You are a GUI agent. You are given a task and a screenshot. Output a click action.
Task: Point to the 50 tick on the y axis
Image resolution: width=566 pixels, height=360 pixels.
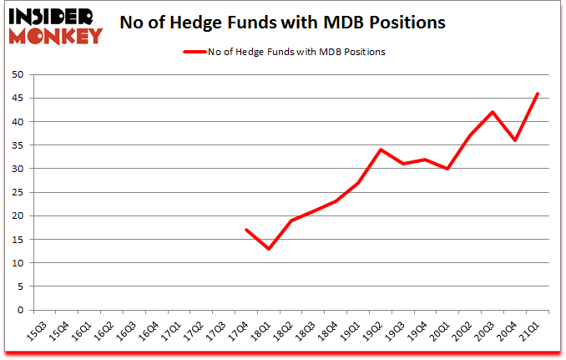click(x=17, y=75)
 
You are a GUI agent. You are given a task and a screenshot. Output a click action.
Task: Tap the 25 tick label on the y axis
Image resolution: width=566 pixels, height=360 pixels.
click(x=17, y=193)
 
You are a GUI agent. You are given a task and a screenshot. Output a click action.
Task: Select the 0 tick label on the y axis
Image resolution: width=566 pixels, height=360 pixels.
click(x=19, y=311)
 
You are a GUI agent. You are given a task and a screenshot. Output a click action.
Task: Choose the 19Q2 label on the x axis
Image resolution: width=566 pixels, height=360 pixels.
click(x=376, y=330)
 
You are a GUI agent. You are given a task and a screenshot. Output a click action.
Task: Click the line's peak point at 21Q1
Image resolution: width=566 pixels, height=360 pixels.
click(x=538, y=94)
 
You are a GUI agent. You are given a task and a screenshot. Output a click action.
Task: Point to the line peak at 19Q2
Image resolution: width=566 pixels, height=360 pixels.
click(x=381, y=150)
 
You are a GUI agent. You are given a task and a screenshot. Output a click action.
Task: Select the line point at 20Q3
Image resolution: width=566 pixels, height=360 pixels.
click(x=493, y=112)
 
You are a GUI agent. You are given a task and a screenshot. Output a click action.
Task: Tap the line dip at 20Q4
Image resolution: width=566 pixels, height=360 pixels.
click(x=516, y=140)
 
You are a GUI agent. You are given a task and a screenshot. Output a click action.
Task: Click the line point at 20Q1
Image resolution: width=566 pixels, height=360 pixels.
click(x=448, y=169)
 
